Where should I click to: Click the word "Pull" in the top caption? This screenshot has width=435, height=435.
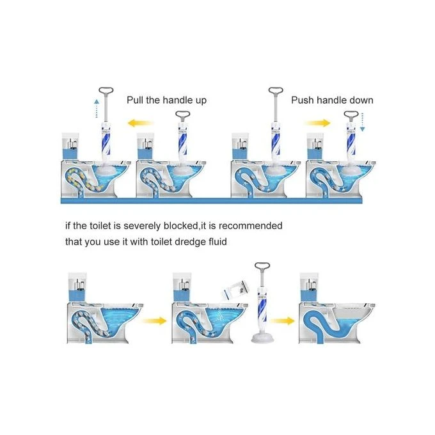tap(135, 100)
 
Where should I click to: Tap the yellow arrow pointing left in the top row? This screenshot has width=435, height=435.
tap(140, 123)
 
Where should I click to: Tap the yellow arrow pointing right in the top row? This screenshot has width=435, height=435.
tap(317, 123)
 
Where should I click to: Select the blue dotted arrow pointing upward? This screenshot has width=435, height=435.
tap(96, 108)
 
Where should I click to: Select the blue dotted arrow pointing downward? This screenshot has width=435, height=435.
tap(362, 122)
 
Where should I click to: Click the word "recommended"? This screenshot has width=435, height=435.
tap(251, 226)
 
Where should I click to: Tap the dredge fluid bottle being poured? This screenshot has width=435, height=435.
tap(235, 290)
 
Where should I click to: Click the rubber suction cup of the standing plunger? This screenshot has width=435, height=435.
tap(262, 338)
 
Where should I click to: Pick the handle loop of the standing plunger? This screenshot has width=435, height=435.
tap(262, 266)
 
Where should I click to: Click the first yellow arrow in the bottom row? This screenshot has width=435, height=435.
tap(154, 320)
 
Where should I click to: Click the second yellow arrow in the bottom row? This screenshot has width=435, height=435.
tap(282, 320)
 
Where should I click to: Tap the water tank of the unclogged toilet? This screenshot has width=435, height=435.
tap(310, 287)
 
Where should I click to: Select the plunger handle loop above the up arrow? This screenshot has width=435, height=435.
tap(106, 90)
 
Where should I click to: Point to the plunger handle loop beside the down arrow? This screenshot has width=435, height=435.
tap(351, 114)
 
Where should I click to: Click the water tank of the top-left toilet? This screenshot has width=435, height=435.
tap(70, 146)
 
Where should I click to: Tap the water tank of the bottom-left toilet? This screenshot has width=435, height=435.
tap(77, 287)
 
